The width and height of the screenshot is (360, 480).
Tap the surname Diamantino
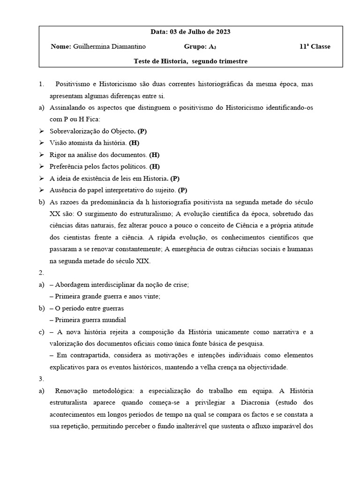(129, 46)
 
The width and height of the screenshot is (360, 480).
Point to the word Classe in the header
(320, 46)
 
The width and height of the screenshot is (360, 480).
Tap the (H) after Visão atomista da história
(134, 143)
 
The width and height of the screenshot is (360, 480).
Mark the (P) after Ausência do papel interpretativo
(183, 190)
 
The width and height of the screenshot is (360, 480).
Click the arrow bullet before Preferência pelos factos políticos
(41, 166)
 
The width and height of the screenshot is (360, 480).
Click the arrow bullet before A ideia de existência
(41, 178)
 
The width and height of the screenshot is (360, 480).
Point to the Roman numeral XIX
(142, 261)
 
